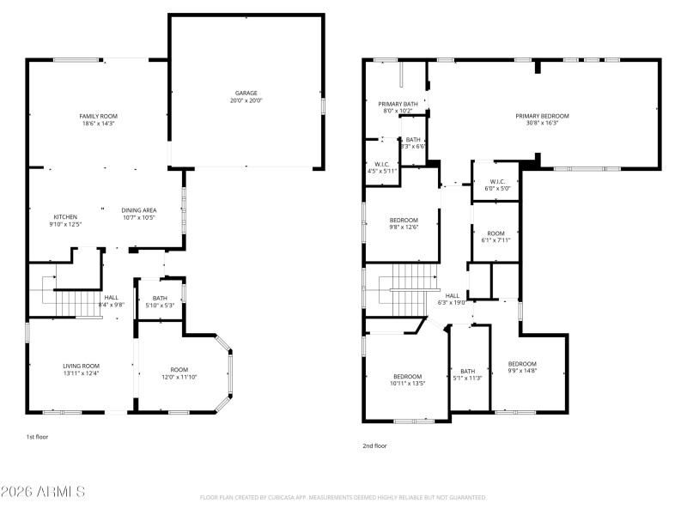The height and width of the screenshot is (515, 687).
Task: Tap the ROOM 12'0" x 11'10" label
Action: tap(179, 369)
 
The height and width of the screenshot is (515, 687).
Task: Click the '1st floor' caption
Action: tap(37, 438)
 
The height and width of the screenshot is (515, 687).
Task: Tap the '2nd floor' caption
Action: tap(374, 445)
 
